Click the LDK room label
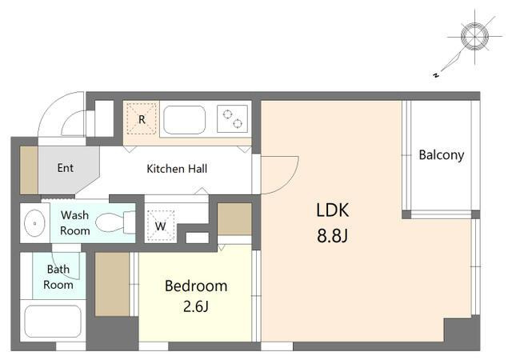pyautogui.click(x=333, y=210)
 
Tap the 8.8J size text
pyautogui.click(x=333, y=235)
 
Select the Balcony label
pyautogui.click(x=441, y=155)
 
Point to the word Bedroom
pyautogui.click(x=196, y=286)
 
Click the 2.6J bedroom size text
pyautogui.click(x=196, y=306)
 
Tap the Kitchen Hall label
pyautogui.click(x=177, y=169)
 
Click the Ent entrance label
pyautogui.click(x=66, y=168)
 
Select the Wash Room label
pyautogui.click(x=74, y=222)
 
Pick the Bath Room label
pyautogui.click(x=58, y=277)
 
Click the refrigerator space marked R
pyautogui.click(x=142, y=119)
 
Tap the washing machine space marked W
pyautogui.click(x=160, y=226)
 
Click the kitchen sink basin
pyautogui.click(x=185, y=119)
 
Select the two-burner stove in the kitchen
pyautogui.click(x=232, y=118)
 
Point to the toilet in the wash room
pyautogui.click(x=115, y=222)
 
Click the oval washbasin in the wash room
pyautogui.click(x=34, y=223)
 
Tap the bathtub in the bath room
pyautogui.click(x=53, y=322)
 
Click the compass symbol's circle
pyautogui.click(x=474, y=36)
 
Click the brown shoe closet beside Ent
pyautogui.click(x=29, y=170)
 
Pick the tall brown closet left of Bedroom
pyautogui.click(x=112, y=284)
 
